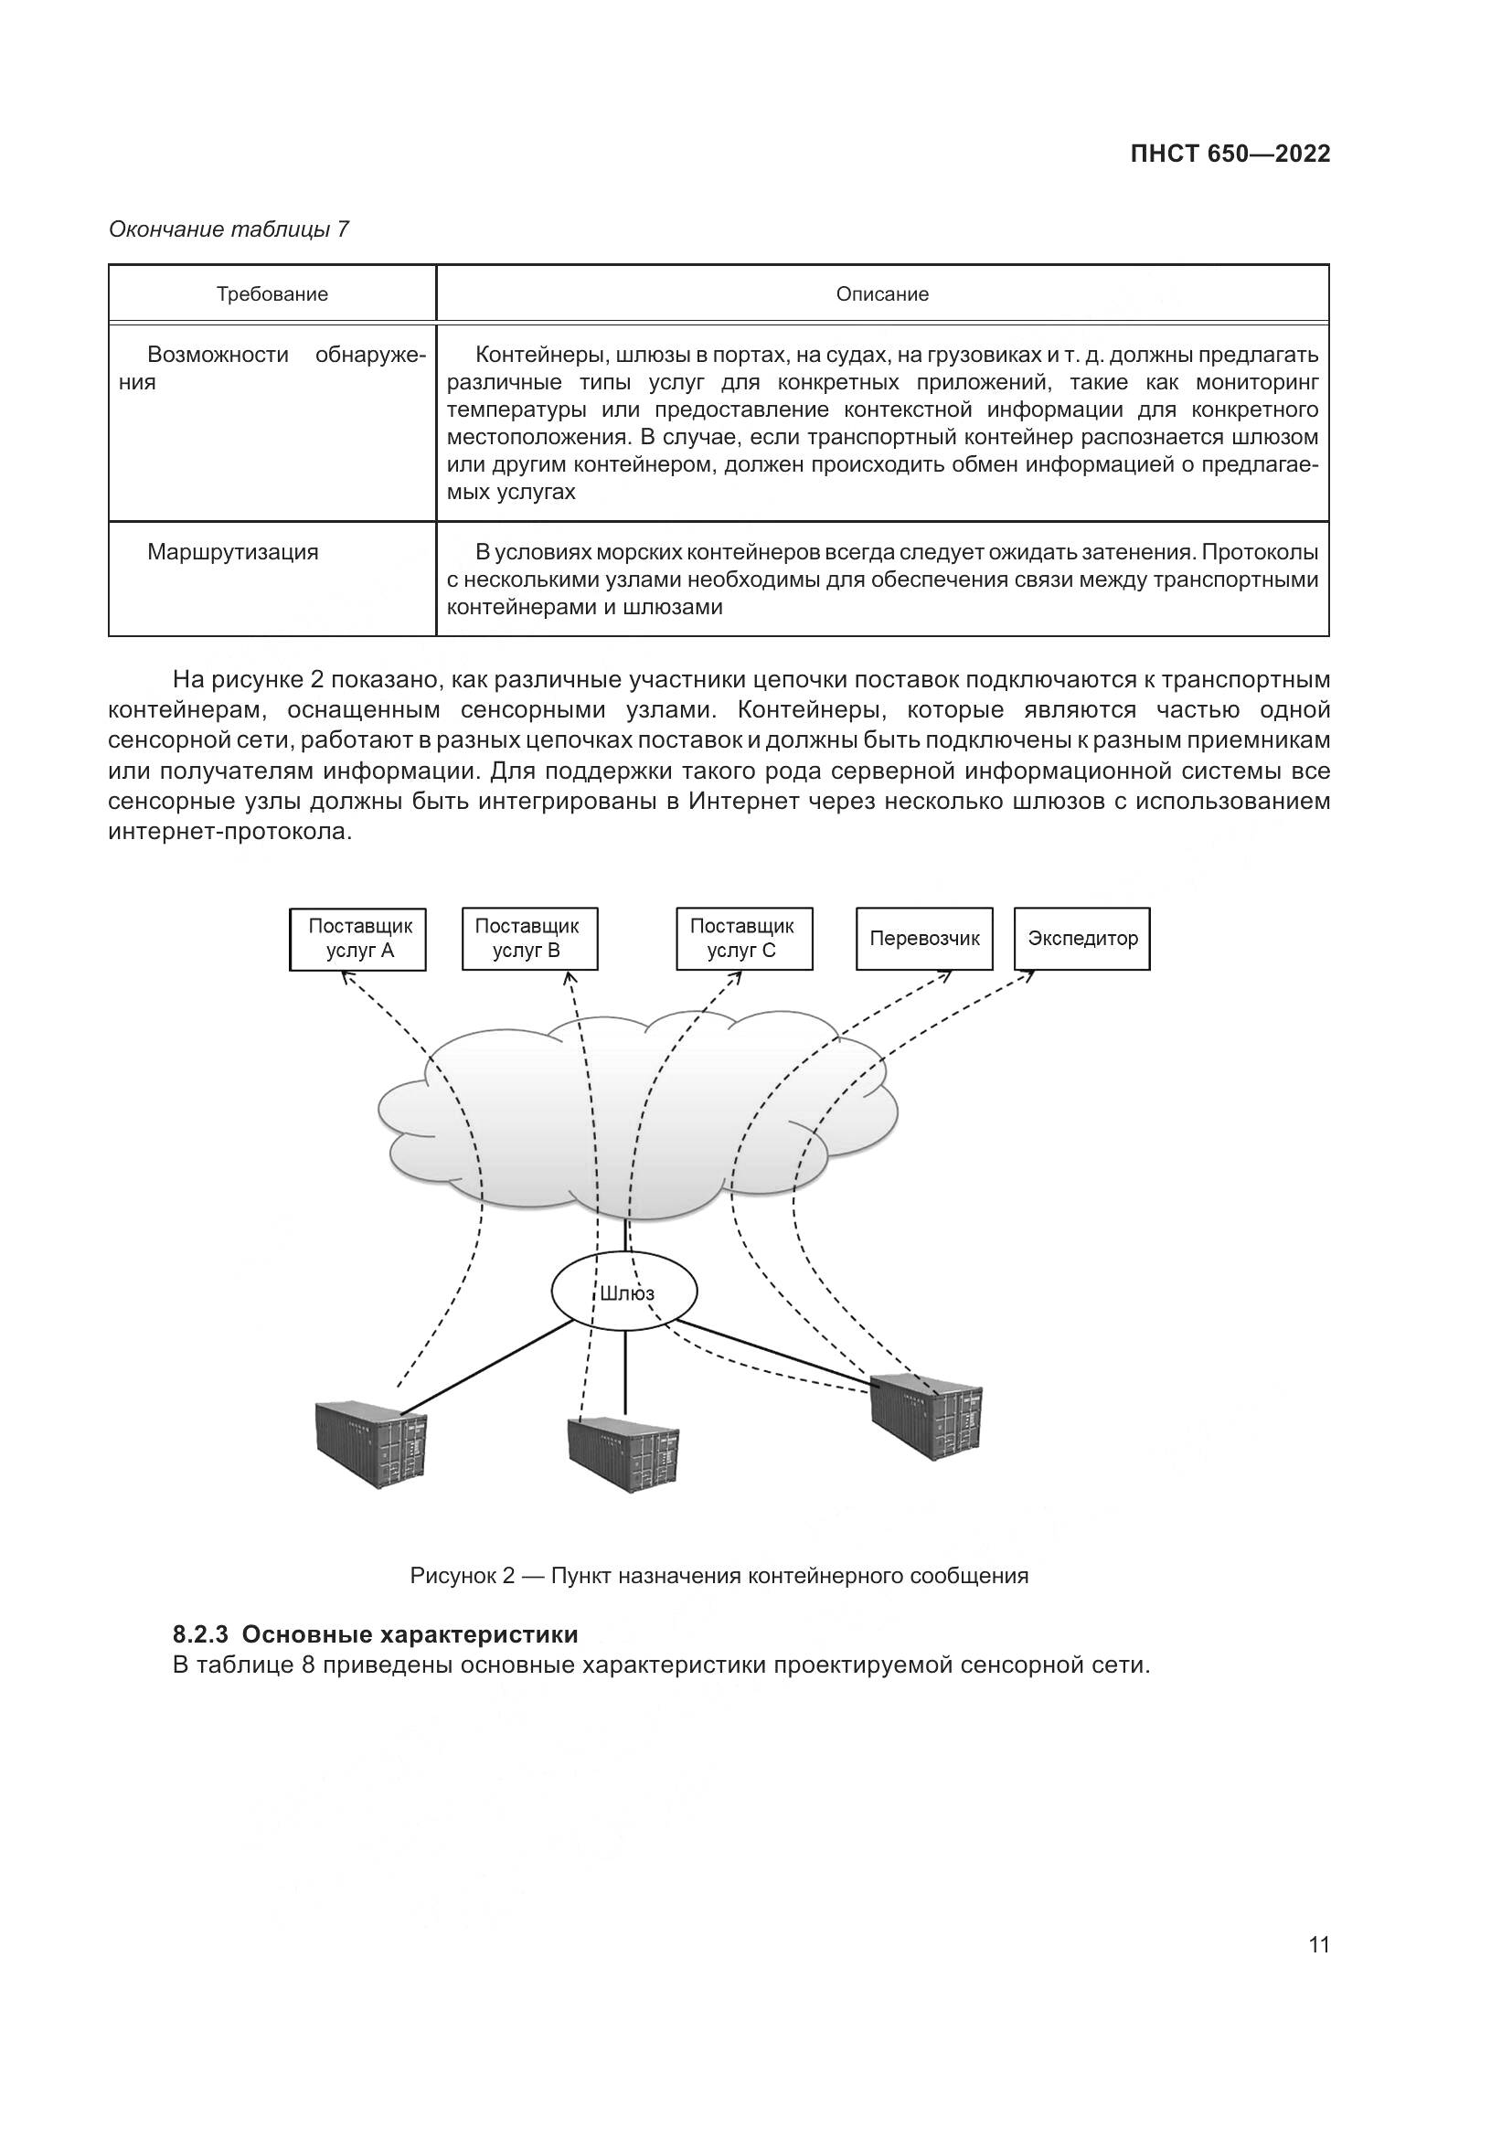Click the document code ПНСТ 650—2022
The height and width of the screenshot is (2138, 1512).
[1230, 154]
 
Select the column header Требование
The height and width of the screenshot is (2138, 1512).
[272, 294]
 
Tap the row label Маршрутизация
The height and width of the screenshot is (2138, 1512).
[233, 552]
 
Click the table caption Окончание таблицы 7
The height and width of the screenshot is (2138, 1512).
[229, 229]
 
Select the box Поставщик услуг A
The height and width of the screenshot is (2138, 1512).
[358, 939]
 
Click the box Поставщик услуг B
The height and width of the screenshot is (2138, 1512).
[528, 939]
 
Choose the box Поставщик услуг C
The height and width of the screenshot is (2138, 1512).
[743, 939]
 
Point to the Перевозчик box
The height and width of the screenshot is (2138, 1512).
[923, 939]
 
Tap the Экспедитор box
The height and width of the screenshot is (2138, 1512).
[1081, 939]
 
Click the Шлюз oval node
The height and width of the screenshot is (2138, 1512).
[623, 1292]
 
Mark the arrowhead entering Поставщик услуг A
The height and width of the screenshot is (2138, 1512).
[345, 975]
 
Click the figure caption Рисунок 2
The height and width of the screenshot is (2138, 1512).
[461, 1576]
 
